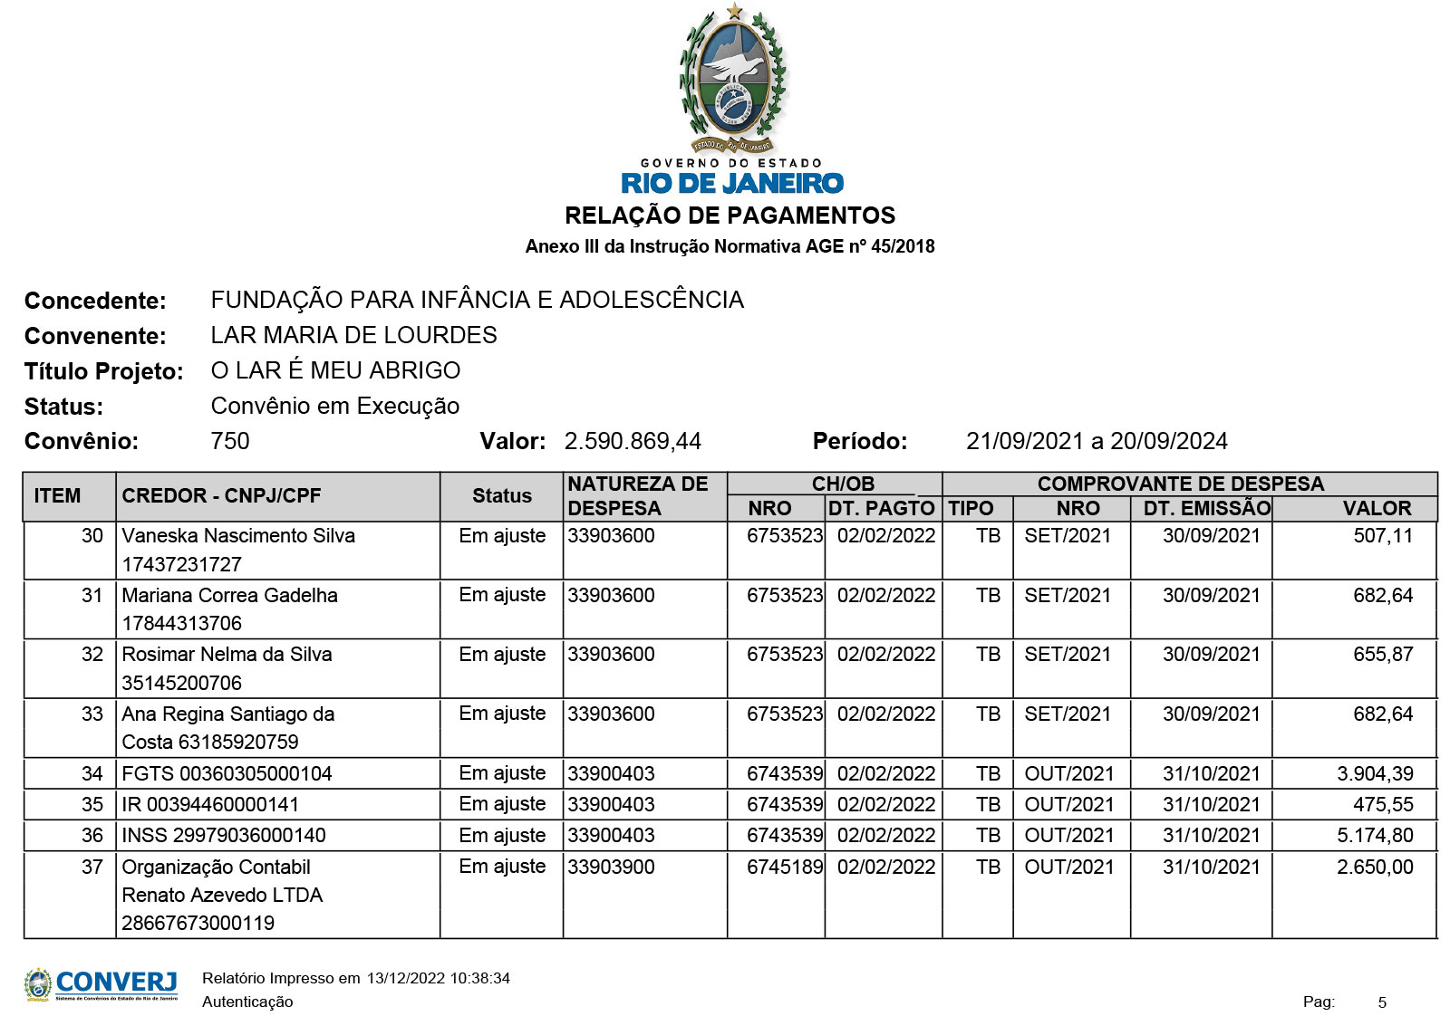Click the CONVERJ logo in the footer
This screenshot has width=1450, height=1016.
101,984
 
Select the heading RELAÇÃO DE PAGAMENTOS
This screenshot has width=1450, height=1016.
730,216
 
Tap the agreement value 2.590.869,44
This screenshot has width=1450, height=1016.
633,441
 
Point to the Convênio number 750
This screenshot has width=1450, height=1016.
230,441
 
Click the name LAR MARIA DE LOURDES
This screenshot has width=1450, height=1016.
353,335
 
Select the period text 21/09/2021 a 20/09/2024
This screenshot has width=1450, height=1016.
1097,441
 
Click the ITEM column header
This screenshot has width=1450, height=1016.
57,495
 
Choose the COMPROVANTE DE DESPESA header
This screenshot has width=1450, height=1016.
1180,484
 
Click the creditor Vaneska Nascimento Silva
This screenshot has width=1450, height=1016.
238,535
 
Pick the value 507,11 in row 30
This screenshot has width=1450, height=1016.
1383,535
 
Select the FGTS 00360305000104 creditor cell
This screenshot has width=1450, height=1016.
227,773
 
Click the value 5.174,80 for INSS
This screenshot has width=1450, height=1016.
1375,835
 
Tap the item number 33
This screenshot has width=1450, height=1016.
92,714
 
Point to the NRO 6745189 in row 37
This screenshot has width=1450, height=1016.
785,867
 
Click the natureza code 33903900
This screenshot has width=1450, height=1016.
612,867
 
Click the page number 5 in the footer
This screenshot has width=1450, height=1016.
1382,1002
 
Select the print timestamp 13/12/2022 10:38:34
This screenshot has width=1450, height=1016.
438,978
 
